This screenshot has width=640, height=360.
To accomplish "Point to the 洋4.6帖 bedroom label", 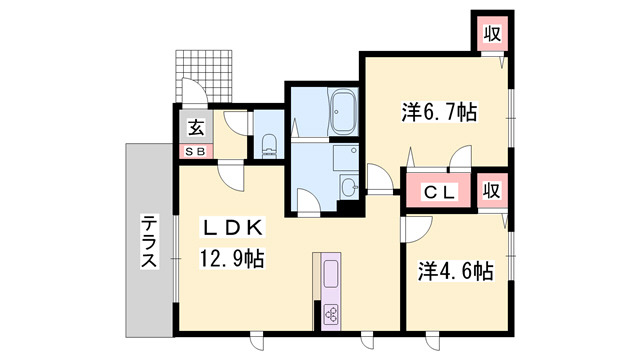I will pyautogui.click(x=455, y=271).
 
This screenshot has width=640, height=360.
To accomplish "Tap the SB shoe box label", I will pyautogui.click(x=194, y=150).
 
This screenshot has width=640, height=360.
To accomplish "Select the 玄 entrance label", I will pyautogui.click(x=195, y=128).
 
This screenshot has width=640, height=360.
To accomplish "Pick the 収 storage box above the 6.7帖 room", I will pyautogui.click(x=491, y=34).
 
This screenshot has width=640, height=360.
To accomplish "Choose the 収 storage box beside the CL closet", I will pyautogui.click(x=491, y=190).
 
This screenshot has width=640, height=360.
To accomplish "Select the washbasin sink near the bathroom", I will pyautogui.click(x=346, y=187).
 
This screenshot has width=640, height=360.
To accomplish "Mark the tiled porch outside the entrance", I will pyautogui.click(x=208, y=74).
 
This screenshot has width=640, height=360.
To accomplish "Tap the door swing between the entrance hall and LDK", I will pyautogui.click(x=232, y=177).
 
